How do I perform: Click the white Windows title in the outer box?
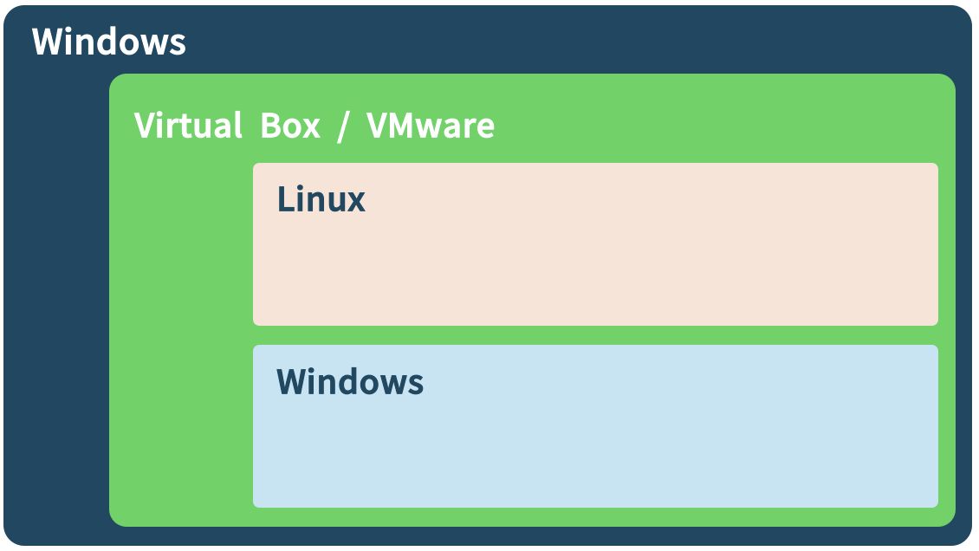pyautogui.click(x=108, y=42)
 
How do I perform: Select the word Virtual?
pyautogui.click(x=188, y=126)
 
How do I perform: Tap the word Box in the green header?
pyautogui.click(x=290, y=126)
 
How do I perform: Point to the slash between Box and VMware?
pyautogui.click(x=343, y=126)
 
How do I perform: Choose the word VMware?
pyautogui.click(x=431, y=126)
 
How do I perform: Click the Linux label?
pyautogui.click(x=321, y=199)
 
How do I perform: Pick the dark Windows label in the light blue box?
pyautogui.click(x=350, y=381)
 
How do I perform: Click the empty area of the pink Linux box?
pyautogui.click(x=595, y=269)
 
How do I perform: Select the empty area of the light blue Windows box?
pyautogui.click(x=595, y=451)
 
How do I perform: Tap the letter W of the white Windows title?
pyautogui.click(x=48, y=42)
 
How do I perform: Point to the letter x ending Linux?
pyautogui.click(x=355, y=203)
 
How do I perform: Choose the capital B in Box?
pyautogui.click(x=270, y=126)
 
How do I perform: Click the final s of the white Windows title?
pyautogui.click(x=178, y=46)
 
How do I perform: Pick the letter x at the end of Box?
pyautogui.click(x=311, y=129)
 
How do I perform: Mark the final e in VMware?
pyautogui.click(x=485, y=129)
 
